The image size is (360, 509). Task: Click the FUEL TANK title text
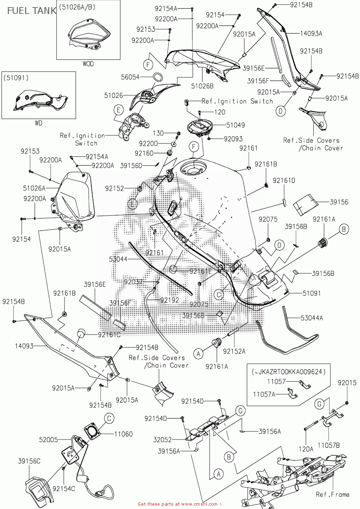pyautogui.click(x=31, y=11)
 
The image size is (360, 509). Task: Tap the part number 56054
pyautogui.click(x=130, y=77)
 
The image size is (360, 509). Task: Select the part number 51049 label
pyautogui.click(x=235, y=125)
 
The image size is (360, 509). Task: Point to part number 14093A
pyautogui.click(x=311, y=33)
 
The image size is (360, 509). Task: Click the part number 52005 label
pyautogui.click(x=49, y=439)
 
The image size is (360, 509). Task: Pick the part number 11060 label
pyautogui.click(x=123, y=434)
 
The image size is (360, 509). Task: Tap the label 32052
pyautogui.click(x=163, y=439)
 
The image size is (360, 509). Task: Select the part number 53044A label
pyautogui.click(x=312, y=318)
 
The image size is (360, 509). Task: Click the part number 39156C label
pyautogui.click(x=29, y=461)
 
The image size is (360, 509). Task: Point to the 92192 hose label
pyautogui.click(x=169, y=300)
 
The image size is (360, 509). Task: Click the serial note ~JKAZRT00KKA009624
pyautogui.click(x=288, y=372)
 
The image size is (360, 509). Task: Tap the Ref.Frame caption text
pyautogui.click(x=332, y=494)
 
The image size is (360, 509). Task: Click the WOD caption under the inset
pyautogui.click(x=88, y=64)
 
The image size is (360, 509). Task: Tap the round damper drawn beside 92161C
pyautogui.click(x=81, y=333)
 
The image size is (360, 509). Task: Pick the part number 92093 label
pyautogui.click(x=233, y=139)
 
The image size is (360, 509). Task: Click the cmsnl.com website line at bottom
pyautogui.click(x=179, y=504)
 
